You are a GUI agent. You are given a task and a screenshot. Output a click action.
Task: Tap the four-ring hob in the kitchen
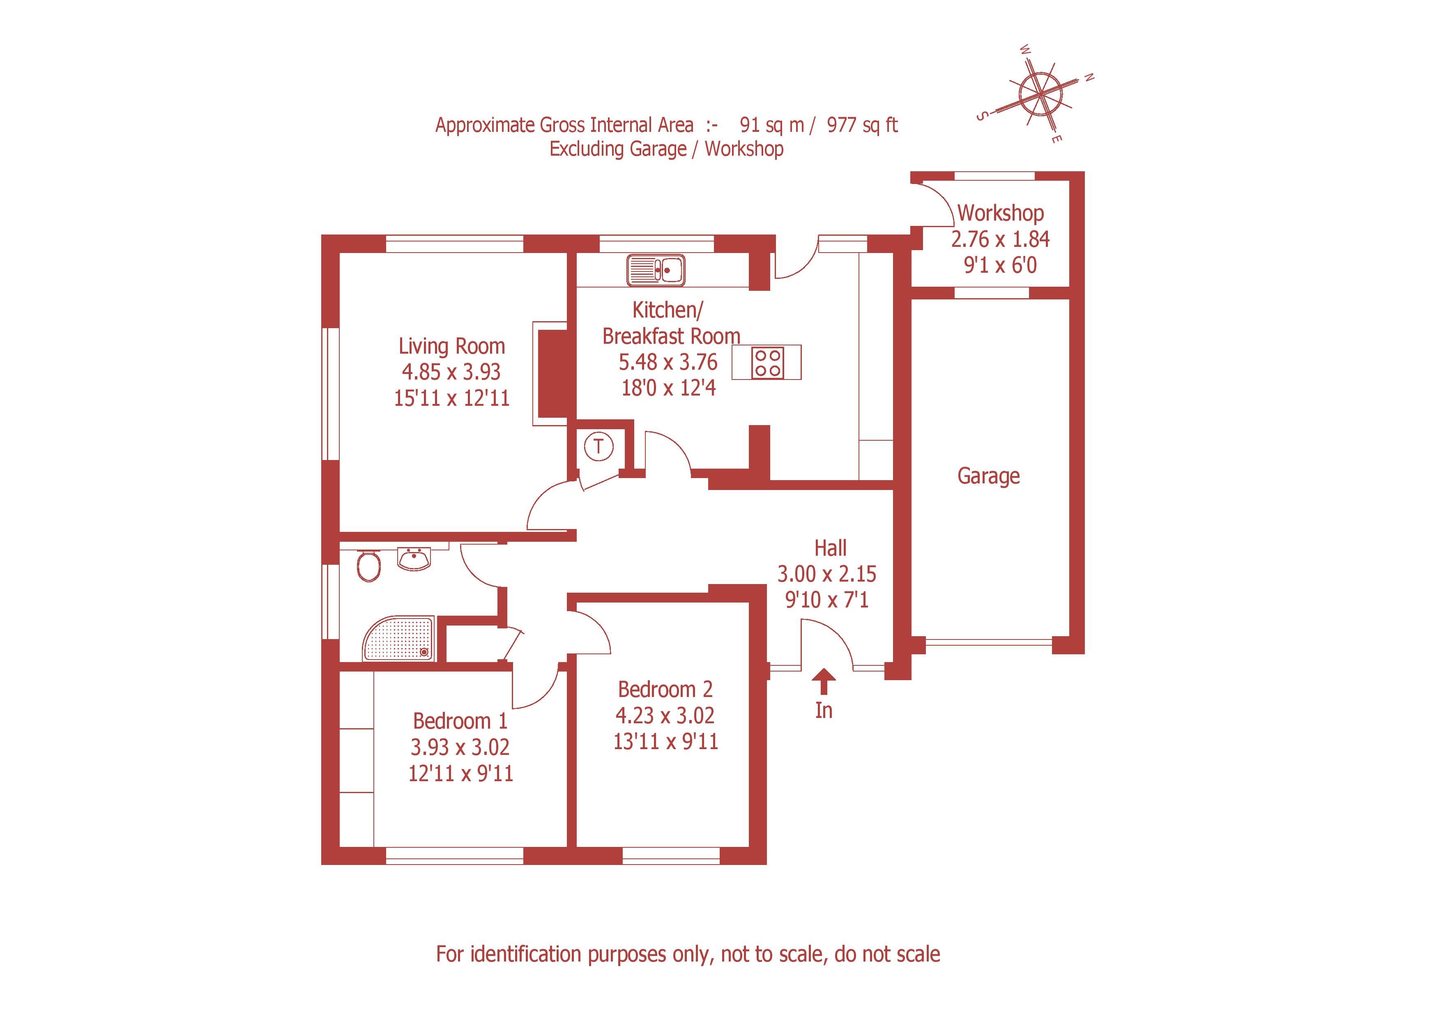(x=768, y=362)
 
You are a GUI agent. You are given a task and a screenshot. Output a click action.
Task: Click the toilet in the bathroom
(x=368, y=566)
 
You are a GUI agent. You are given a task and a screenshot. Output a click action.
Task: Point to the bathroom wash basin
(x=414, y=559)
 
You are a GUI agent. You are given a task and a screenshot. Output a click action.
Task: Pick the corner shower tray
(x=398, y=638)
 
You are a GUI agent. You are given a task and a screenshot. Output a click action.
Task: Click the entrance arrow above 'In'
(x=824, y=681)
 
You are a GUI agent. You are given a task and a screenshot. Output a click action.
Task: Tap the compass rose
(x=1040, y=95)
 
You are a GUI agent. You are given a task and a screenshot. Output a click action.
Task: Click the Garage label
(x=988, y=476)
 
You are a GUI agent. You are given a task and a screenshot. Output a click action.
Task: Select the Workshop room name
(x=1000, y=213)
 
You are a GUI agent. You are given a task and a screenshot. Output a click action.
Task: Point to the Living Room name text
(x=451, y=346)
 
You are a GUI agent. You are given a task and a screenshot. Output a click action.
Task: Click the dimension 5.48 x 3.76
(x=668, y=362)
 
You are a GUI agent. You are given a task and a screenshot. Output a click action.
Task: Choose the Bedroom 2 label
(x=665, y=690)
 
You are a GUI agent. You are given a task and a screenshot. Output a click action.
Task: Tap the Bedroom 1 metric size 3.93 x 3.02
(x=460, y=748)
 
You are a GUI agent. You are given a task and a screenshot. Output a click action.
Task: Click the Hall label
(x=830, y=548)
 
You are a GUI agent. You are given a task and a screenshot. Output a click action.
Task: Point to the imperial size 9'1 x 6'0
(x=1000, y=265)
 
